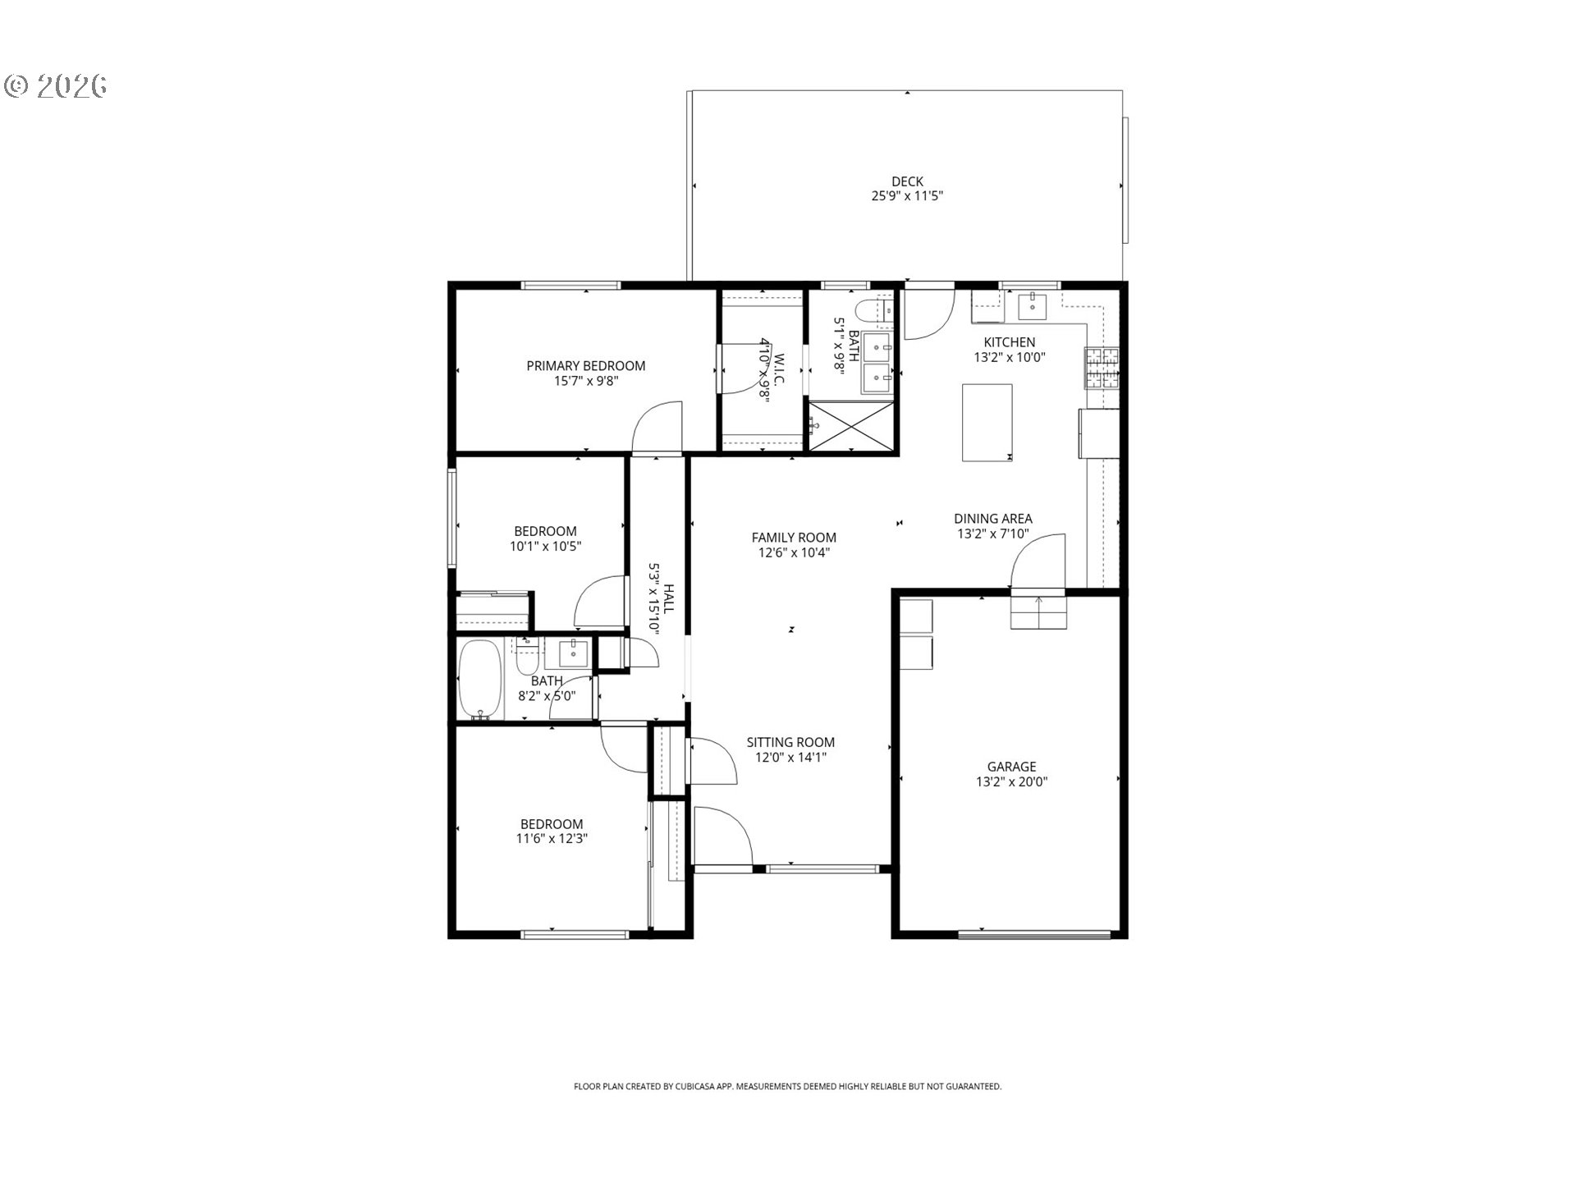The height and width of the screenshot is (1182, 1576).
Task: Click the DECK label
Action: pyautogui.click(x=906, y=181)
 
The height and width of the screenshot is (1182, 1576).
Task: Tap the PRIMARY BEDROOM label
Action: pyautogui.click(x=585, y=366)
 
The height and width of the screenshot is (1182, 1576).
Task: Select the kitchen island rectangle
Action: pyautogui.click(x=987, y=423)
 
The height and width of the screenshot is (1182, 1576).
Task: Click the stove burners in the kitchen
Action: pyautogui.click(x=1102, y=368)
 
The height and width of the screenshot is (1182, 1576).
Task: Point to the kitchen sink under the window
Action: pyautogui.click(x=1032, y=307)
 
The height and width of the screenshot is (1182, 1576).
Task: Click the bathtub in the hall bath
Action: pyautogui.click(x=479, y=680)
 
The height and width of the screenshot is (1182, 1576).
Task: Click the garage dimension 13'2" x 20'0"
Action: pyautogui.click(x=1011, y=782)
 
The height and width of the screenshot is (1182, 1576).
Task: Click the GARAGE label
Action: pyautogui.click(x=1011, y=767)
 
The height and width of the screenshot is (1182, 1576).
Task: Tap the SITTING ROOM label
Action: pyautogui.click(x=790, y=742)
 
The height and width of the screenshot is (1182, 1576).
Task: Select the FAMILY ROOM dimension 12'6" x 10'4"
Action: pyautogui.click(x=793, y=553)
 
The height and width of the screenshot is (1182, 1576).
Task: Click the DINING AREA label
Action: pyautogui.click(x=992, y=519)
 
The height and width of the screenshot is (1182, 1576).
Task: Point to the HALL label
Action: pyautogui.click(x=669, y=599)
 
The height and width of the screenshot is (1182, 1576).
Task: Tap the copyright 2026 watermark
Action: pyautogui.click(x=56, y=86)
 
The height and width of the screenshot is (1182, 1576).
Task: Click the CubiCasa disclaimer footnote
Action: pyautogui.click(x=787, y=1087)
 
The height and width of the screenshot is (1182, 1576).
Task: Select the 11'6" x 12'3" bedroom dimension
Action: pyautogui.click(x=552, y=839)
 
